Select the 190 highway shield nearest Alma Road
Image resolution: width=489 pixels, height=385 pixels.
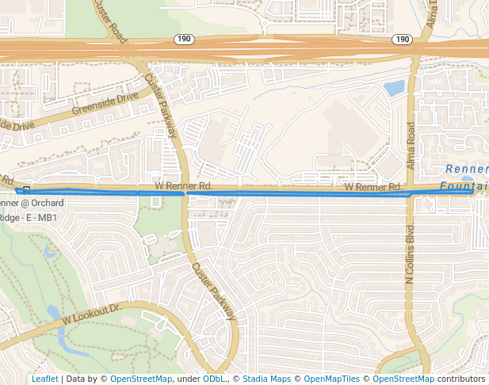(x=401, y=39)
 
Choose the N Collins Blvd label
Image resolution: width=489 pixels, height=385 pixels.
(x=410, y=257)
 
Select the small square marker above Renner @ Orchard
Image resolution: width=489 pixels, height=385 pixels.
(x=26, y=189)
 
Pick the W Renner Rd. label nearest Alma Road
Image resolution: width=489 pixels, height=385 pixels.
(x=373, y=187)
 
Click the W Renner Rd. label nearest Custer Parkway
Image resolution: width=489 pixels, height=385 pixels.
(x=183, y=185)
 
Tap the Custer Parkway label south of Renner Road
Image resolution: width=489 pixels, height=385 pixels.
(x=214, y=291)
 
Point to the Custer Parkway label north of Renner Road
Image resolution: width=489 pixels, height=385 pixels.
(x=162, y=105)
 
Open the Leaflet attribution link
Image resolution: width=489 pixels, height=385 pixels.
(x=44, y=379)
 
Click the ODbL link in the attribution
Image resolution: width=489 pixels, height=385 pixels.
(x=214, y=379)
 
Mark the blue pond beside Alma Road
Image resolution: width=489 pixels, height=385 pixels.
(x=394, y=88)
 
